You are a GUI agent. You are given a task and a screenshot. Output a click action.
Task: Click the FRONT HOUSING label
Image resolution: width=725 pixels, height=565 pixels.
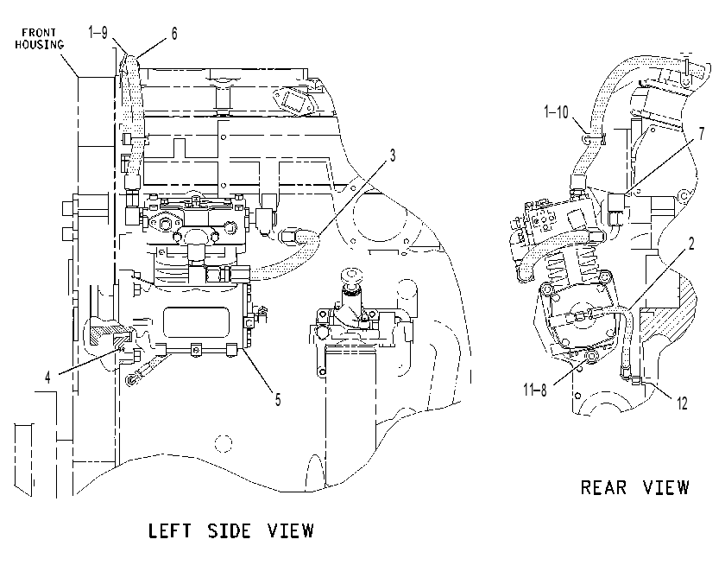point(40,39)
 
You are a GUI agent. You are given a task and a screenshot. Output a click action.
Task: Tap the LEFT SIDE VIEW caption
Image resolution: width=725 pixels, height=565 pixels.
point(231,530)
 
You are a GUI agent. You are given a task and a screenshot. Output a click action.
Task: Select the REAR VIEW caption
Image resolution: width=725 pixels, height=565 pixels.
point(635,487)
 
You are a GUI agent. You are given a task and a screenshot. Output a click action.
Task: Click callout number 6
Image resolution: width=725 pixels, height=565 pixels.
point(173,34)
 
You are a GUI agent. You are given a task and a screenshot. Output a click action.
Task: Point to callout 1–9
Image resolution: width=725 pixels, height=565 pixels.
point(98,33)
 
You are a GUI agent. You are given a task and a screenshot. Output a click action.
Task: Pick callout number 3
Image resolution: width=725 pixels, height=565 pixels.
point(393,156)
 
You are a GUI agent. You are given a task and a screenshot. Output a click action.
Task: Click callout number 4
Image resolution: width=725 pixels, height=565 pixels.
point(47,378)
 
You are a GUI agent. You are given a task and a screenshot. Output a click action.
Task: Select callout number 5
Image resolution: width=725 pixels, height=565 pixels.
point(278,399)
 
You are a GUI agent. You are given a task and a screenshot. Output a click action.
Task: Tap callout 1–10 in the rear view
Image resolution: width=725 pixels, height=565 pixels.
point(556,112)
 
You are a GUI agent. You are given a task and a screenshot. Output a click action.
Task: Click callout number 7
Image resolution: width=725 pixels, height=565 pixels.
point(702,134)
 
